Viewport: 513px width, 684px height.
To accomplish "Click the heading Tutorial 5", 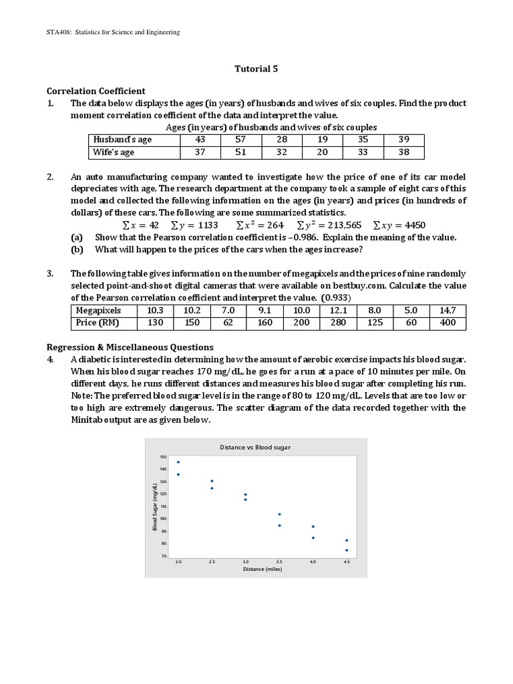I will [256, 68].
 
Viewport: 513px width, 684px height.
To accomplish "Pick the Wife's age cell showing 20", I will [322, 152].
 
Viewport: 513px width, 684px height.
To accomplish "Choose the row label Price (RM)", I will [98, 323].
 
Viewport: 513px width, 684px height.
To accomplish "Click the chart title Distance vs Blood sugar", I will [256, 448].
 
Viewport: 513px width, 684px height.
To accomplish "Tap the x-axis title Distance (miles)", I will [262, 570].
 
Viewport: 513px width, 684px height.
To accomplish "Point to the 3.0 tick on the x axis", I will [245, 562].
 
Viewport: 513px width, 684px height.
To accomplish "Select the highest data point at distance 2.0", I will [178, 462].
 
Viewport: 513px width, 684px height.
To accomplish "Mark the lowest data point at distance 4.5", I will [347, 550].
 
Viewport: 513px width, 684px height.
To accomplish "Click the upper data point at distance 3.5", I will [279, 514].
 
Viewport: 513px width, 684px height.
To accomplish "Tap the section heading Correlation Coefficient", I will [96, 91].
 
